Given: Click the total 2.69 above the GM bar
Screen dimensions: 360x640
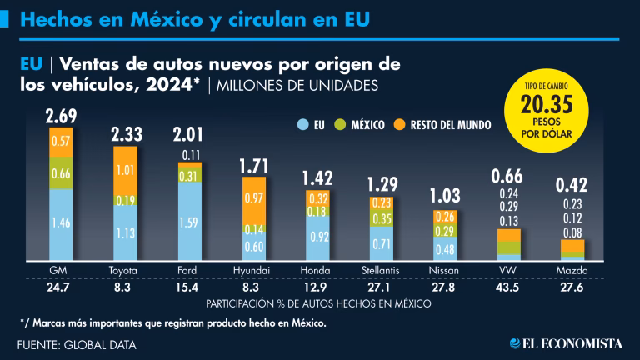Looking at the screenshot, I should pyautogui.click(x=61, y=115).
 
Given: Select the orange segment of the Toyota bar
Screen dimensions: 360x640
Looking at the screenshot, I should pyautogui.click(x=125, y=170).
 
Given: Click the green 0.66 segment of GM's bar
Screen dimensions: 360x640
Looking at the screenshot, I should pyautogui.click(x=61, y=173).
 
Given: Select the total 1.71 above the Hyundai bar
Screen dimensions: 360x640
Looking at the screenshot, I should pyautogui.click(x=253, y=164).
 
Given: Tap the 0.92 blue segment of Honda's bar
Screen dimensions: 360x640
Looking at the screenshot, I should pyautogui.click(x=317, y=237).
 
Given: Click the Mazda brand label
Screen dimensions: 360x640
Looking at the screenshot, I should pyautogui.click(x=572, y=270).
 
